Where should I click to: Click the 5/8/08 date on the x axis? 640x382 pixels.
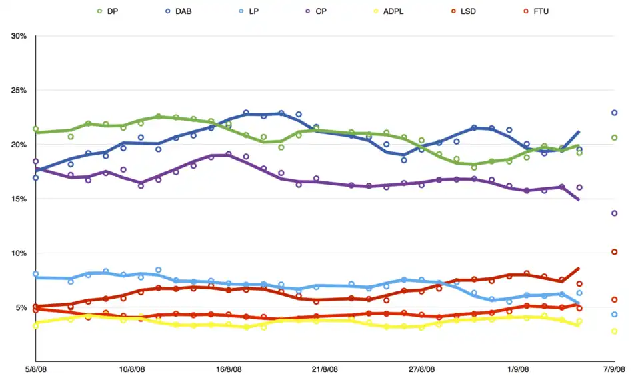tap(35, 369)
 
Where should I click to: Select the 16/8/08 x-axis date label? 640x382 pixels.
tap(229, 369)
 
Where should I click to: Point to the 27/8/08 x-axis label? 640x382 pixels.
tap(421, 369)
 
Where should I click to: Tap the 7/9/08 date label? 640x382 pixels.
tap(614, 369)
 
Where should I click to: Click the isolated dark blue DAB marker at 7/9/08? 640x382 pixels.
tap(615, 113)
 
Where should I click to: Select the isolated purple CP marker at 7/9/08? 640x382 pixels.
tap(615, 213)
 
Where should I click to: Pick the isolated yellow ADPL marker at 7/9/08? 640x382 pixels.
tap(615, 331)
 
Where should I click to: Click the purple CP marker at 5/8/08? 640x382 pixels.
tap(35, 161)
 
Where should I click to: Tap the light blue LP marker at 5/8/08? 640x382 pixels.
tap(35, 274)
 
